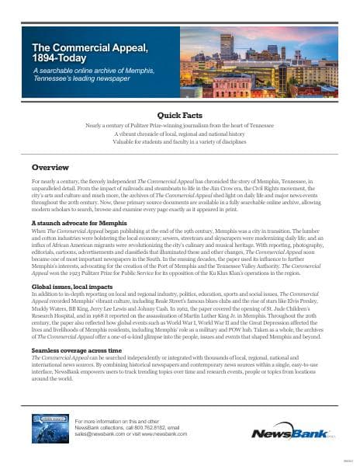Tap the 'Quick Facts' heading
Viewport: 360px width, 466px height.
coord(179,114)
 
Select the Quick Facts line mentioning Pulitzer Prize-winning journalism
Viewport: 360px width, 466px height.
coord(179,125)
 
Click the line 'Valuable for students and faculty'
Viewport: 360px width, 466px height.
coord(179,141)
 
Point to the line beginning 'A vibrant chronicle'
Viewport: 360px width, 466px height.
coord(179,133)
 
